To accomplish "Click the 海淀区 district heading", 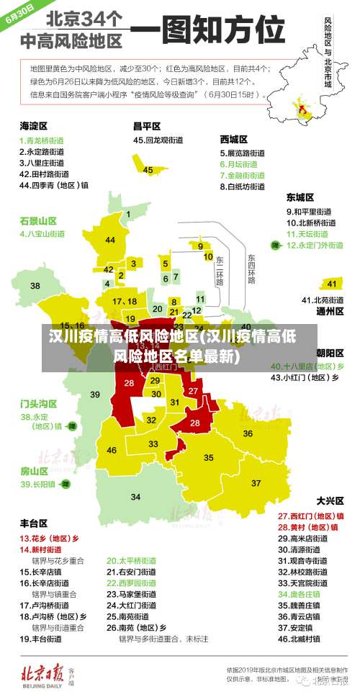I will (x=33, y=126).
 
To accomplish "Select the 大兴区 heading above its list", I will (x=329, y=500).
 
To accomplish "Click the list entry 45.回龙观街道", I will (x=161, y=140).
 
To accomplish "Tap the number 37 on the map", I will (x=255, y=482).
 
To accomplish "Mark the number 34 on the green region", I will (x=135, y=497).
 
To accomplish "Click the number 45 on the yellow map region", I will (x=148, y=170).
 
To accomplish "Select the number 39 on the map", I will (x=95, y=394).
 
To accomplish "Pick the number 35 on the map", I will (x=209, y=457).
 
